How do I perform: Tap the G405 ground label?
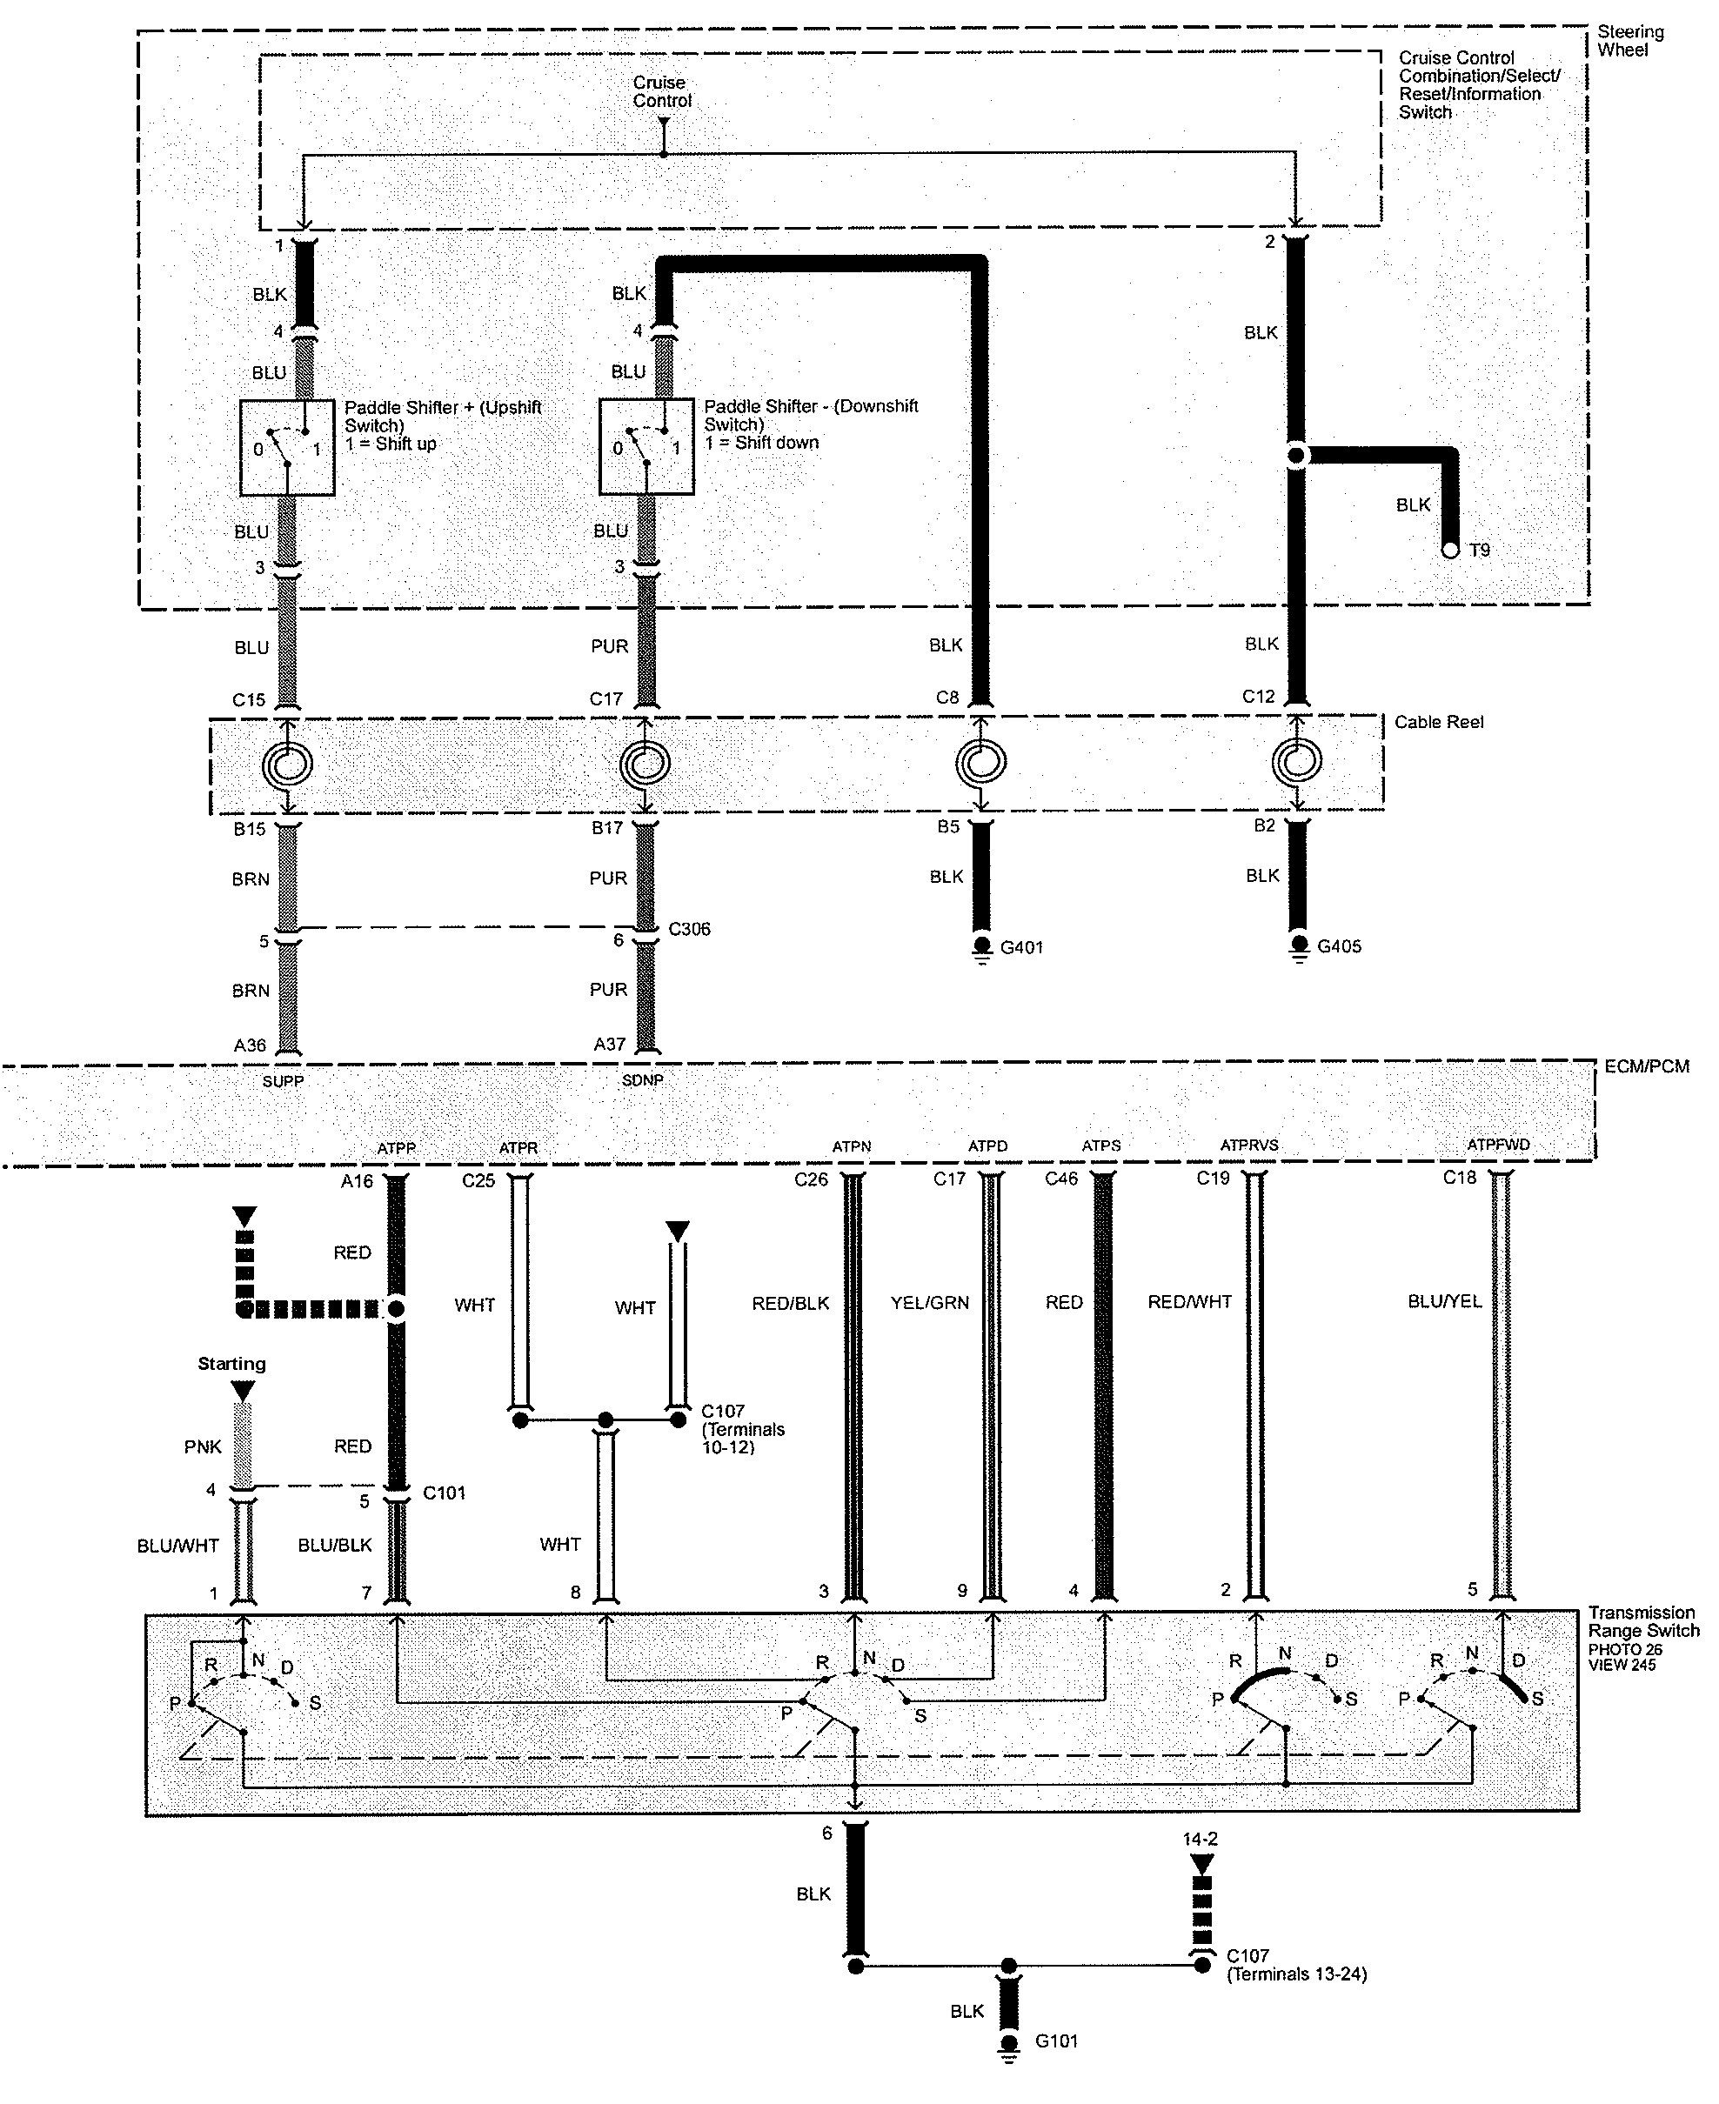pos(1339,946)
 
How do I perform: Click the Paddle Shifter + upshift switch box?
pos(287,448)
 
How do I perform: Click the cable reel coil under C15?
pos(287,765)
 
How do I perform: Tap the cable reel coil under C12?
pos(1296,761)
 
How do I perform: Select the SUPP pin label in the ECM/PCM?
pos(284,1081)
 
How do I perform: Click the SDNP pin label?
pos(643,1080)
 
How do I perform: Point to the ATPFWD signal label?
pos(1498,1145)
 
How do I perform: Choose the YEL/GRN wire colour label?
pos(930,1303)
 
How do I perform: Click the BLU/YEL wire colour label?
pos(1445,1301)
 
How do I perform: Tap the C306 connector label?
pos(689,929)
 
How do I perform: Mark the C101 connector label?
pos(444,1493)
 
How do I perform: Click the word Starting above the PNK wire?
pos(231,1364)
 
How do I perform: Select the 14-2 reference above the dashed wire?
pos(1201,1839)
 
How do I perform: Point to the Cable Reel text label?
pos(1439,722)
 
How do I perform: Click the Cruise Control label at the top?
pos(662,92)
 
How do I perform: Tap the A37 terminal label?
pos(609,1044)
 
